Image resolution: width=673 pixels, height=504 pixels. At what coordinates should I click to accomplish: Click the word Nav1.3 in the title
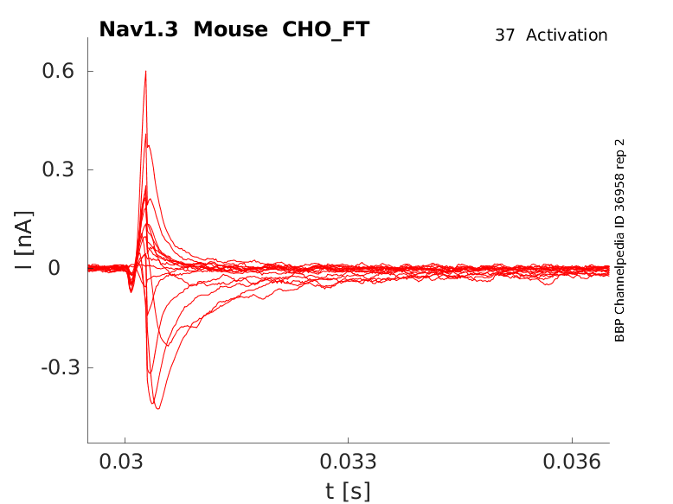138,29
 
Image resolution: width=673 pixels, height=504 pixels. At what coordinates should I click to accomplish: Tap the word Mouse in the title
230,29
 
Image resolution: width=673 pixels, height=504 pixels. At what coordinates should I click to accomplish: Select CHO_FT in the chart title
326,30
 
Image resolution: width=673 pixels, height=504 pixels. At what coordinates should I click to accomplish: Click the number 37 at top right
505,35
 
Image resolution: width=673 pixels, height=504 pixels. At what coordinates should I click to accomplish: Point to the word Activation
567,35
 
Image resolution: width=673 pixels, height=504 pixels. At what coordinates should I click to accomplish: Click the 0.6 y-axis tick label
58,71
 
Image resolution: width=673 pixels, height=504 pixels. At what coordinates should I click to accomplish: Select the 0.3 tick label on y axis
58,169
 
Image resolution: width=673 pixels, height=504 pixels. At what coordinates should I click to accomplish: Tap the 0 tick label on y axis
54,269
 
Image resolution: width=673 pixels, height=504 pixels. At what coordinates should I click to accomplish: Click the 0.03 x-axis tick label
121,462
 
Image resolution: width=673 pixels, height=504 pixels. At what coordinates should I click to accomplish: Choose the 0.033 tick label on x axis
348,462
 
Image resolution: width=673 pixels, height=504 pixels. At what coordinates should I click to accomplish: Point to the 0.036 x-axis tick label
572,462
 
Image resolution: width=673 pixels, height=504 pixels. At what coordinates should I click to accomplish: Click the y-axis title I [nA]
24,240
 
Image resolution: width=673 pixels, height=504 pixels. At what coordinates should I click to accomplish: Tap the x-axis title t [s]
348,491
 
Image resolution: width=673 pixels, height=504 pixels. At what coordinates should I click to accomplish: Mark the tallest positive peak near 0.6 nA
146,72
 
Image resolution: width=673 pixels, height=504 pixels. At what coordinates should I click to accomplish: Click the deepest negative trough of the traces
158,408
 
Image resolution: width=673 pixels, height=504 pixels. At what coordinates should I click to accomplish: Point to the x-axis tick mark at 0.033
348,441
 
